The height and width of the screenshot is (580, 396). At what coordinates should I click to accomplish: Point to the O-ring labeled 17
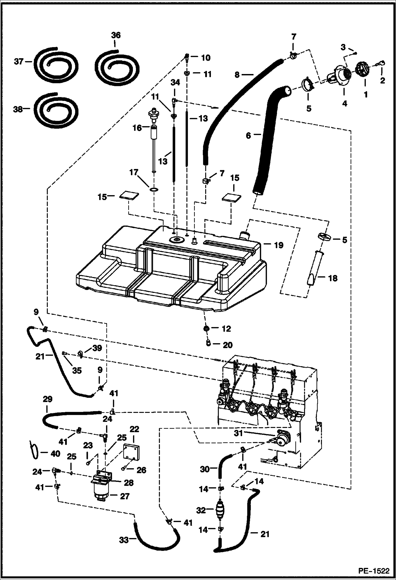tap(154, 189)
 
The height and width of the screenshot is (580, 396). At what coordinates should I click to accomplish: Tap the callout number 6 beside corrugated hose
tap(248, 135)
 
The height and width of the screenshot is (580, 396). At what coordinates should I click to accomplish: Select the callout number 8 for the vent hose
tap(237, 75)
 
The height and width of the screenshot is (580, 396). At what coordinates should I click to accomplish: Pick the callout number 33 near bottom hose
tap(124, 540)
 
